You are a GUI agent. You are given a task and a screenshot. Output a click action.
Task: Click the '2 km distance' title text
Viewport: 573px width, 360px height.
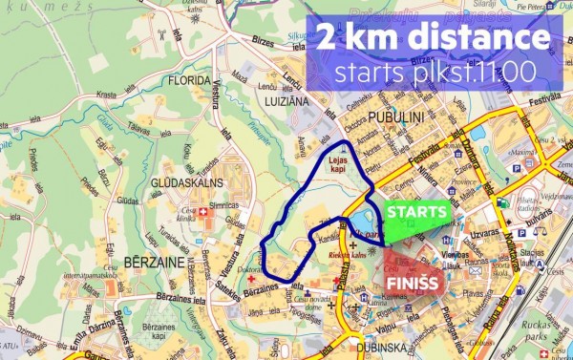click(435, 39)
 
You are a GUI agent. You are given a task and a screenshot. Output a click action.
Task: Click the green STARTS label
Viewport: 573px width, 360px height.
click(416, 211)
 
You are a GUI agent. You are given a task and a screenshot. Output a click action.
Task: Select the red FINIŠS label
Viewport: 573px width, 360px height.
click(412, 284)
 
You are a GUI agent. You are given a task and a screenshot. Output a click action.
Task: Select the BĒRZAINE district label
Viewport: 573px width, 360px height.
click(149, 260)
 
